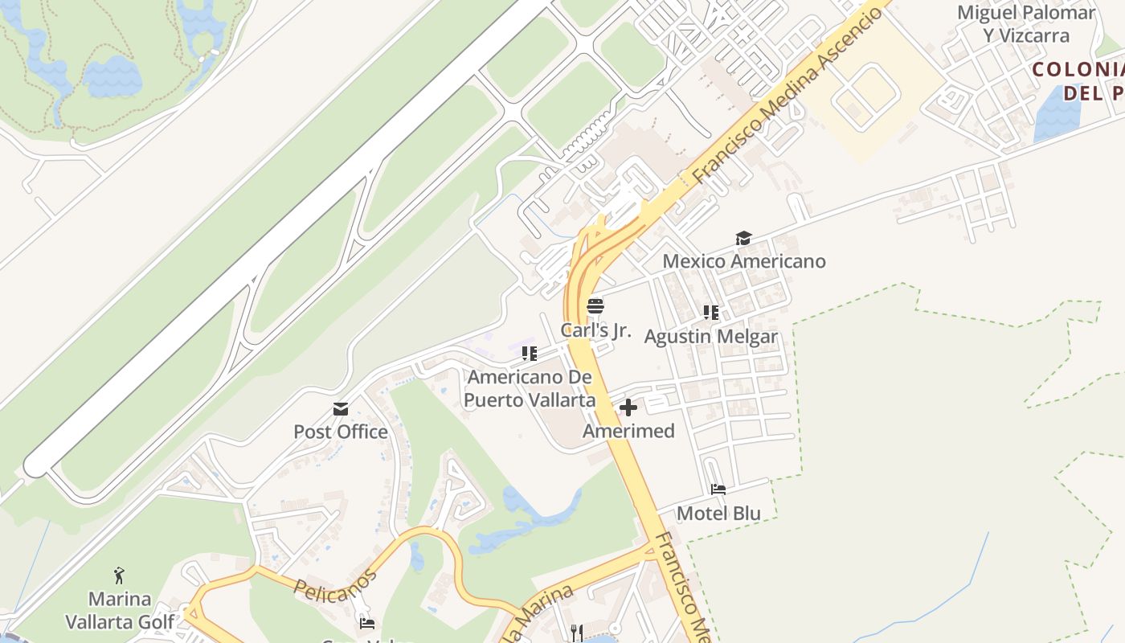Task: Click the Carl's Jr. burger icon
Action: pyautogui.click(x=595, y=306)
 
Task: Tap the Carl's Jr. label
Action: pyautogui.click(x=596, y=330)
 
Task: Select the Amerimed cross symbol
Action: pyautogui.click(x=628, y=408)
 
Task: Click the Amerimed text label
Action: pyautogui.click(x=628, y=431)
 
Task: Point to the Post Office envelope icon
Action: pyautogui.click(x=341, y=409)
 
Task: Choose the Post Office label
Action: pyautogui.click(x=341, y=432)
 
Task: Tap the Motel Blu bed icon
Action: pyautogui.click(x=718, y=489)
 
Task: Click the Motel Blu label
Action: pyautogui.click(x=718, y=513)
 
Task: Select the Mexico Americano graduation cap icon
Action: pyautogui.click(x=743, y=239)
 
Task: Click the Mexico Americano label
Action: pyautogui.click(x=743, y=261)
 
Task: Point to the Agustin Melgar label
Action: pyautogui.click(x=711, y=336)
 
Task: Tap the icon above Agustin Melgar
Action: pyautogui.click(x=711, y=313)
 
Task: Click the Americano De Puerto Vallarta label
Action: pyautogui.click(x=531, y=388)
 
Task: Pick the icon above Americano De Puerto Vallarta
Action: pyautogui.click(x=529, y=354)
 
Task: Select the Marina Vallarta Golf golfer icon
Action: pyautogui.click(x=120, y=575)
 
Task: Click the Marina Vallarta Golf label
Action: pyautogui.click(x=120, y=610)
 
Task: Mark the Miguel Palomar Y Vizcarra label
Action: pyautogui.click(x=1026, y=24)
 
